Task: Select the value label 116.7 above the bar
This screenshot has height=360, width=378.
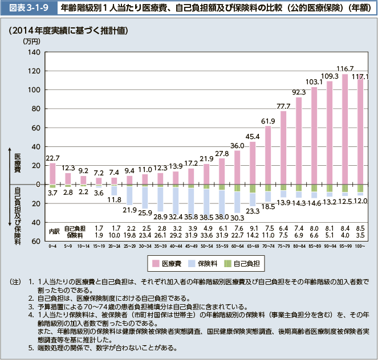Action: click(344, 68)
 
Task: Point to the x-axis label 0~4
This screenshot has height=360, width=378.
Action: click(53, 246)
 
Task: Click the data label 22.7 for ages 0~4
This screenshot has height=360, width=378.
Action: click(52, 158)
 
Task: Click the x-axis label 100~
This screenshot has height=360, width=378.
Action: click(360, 246)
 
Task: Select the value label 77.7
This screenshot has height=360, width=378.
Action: click(283, 107)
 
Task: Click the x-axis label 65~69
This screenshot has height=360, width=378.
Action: click(253, 246)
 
